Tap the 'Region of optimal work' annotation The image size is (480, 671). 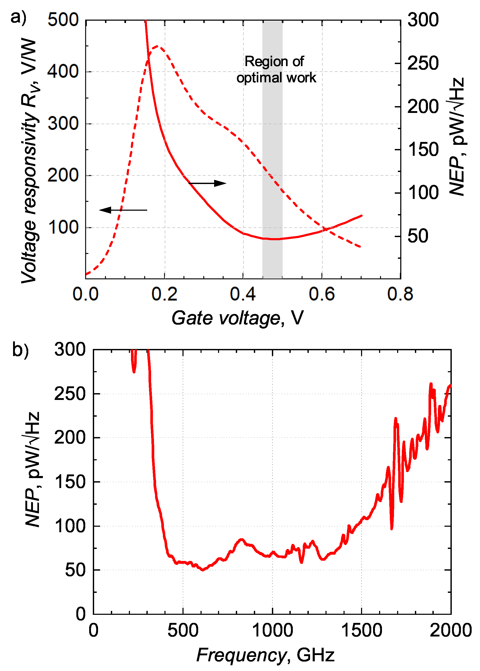(x=276, y=70)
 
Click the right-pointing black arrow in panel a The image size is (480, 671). (x=208, y=183)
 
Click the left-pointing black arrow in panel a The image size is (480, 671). (x=123, y=210)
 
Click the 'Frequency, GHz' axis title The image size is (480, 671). (x=265, y=655)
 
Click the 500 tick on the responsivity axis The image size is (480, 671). (x=63, y=20)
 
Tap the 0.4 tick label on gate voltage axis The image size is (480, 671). (x=243, y=294)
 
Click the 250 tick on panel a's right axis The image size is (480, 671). (x=423, y=63)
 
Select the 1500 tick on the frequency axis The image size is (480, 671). (x=362, y=630)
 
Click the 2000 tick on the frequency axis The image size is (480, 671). (x=450, y=630)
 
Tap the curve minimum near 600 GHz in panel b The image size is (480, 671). (x=203, y=570)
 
